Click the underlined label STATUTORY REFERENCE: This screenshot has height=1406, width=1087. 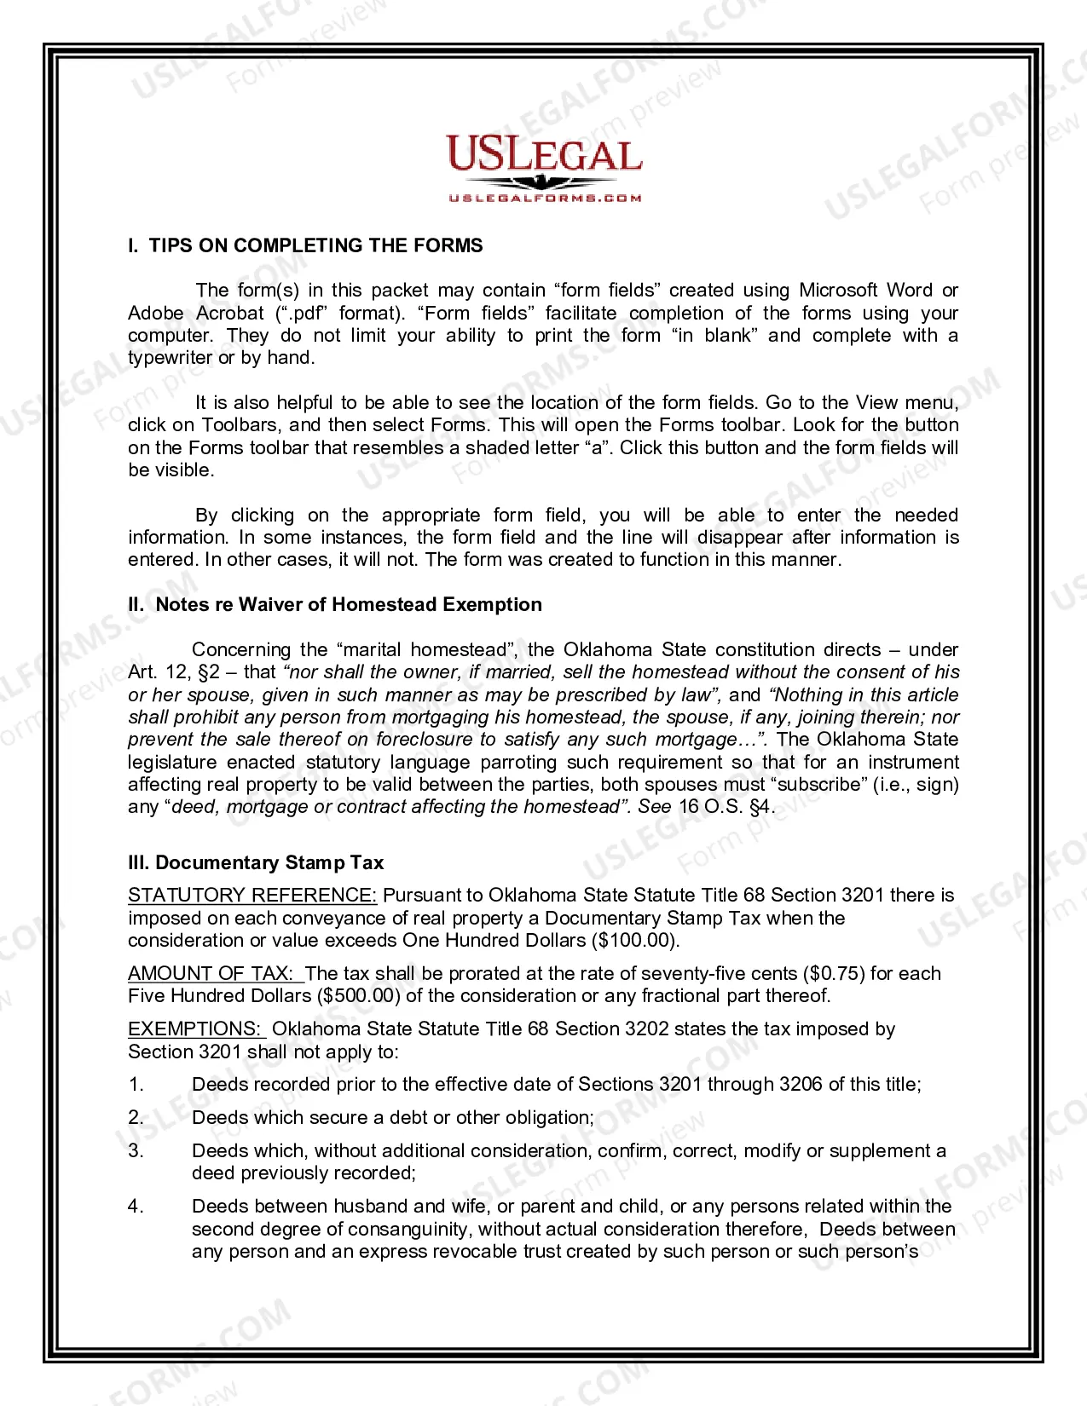[252, 895]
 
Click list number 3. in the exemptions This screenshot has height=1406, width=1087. [136, 1150]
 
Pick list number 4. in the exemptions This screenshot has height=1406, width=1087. [136, 1206]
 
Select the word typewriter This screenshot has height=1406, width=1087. [170, 357]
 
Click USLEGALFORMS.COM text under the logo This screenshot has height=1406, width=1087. [545, 198]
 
